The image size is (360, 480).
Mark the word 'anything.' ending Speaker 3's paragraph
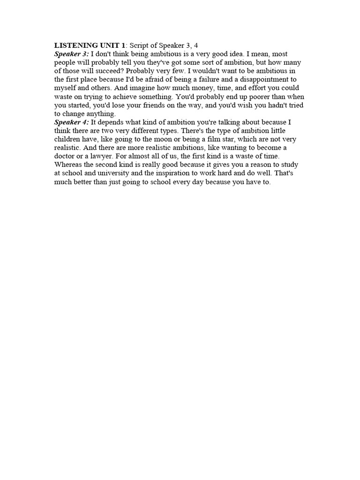100,113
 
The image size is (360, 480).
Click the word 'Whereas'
68,165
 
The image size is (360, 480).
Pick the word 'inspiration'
164,173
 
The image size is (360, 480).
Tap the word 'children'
68,139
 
